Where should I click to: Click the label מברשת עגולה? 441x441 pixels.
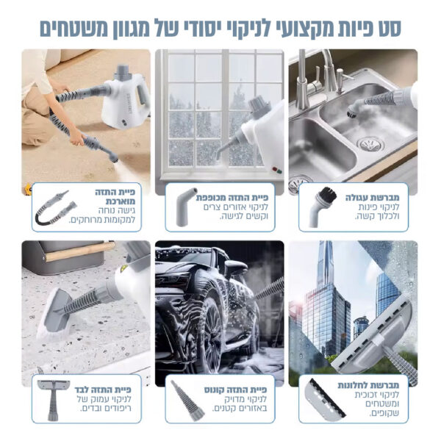[372, 198]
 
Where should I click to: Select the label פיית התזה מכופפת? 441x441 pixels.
[232, 198]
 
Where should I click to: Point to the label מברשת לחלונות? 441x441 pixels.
[368, 385]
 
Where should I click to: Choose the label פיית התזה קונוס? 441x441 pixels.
[235, 390]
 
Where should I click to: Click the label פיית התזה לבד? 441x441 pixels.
[103, 390]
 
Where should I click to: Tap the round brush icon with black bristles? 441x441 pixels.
[323, 207]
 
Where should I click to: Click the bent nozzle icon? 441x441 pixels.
[186, 207]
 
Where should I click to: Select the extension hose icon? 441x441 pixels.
[55, 207]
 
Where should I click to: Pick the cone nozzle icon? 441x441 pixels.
[187, 401]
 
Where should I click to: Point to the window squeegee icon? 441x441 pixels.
[326, 400]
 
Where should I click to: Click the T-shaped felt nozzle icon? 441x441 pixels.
[53, 399]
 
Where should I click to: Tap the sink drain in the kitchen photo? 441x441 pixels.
[370, 144]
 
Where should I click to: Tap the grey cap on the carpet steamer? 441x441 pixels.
[123, 71]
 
